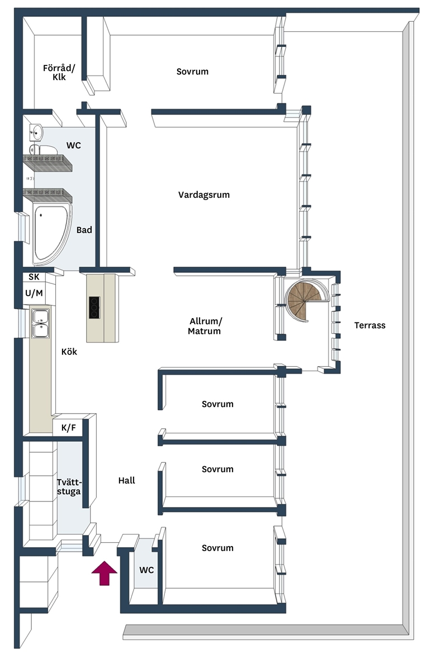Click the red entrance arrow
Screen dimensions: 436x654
tap(105, 573)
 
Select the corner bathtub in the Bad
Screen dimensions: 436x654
tap(50, 234)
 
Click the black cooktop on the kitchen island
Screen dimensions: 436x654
tap(94, 307)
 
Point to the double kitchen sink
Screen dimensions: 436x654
tap(40, 324)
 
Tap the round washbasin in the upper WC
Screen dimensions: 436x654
tap(36, 132)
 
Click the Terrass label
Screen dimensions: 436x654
tap(369, 325)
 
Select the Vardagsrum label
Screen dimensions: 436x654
tap(204, 195)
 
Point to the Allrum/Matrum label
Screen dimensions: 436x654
tap(205, 326)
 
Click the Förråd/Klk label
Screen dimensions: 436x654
tap(59, 72)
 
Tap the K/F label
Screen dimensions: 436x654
tap(69, 428)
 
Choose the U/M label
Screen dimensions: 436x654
tap(34, 293)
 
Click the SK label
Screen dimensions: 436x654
tap(34, 277)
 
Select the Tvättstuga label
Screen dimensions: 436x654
tap(69, 487)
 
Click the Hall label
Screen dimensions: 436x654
tap(126, 481)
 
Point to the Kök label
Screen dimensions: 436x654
tap(69, 352)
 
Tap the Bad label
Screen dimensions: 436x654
tap(84, 230)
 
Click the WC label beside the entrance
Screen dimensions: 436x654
tap(146, 570)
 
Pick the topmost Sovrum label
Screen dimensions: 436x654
tap(192, 72)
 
